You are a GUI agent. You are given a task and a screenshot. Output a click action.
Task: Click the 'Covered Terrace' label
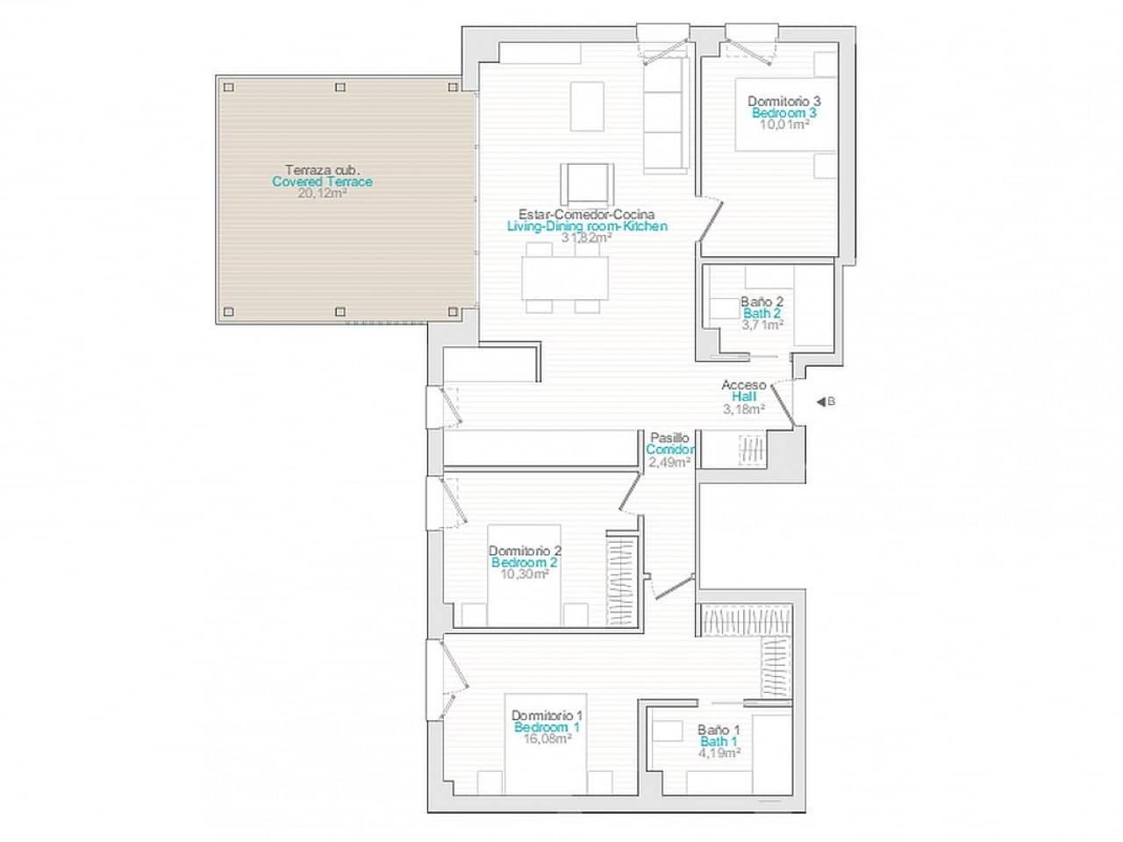point(322,182)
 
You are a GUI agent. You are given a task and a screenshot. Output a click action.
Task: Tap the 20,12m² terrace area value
point(322,194)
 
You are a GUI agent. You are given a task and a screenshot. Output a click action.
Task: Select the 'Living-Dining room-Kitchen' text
point(587,226)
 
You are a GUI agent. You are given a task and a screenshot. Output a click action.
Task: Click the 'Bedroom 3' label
point(783,113)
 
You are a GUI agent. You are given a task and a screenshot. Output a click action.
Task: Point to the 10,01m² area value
point(783,125)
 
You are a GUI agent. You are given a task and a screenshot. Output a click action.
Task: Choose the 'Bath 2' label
point(762,313)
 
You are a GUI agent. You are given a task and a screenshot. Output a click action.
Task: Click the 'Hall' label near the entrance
point(743,396)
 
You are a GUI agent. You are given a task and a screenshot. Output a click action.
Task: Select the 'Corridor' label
point(670,450)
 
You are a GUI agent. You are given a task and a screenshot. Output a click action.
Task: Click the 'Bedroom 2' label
point(524,562)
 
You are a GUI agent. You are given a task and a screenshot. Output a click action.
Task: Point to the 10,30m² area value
point(524,574)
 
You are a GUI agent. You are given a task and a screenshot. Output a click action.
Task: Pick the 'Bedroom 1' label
point(547,727)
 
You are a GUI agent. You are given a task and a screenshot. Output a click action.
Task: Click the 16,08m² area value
point(547,739)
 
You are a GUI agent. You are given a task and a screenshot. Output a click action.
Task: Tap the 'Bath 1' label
point(719,742)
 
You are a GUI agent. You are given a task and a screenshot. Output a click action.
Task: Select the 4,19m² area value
point(719,753)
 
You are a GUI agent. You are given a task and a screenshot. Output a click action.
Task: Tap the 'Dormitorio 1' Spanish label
point(547,715)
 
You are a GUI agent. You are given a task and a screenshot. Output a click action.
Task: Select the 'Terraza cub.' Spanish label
point(322,170)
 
